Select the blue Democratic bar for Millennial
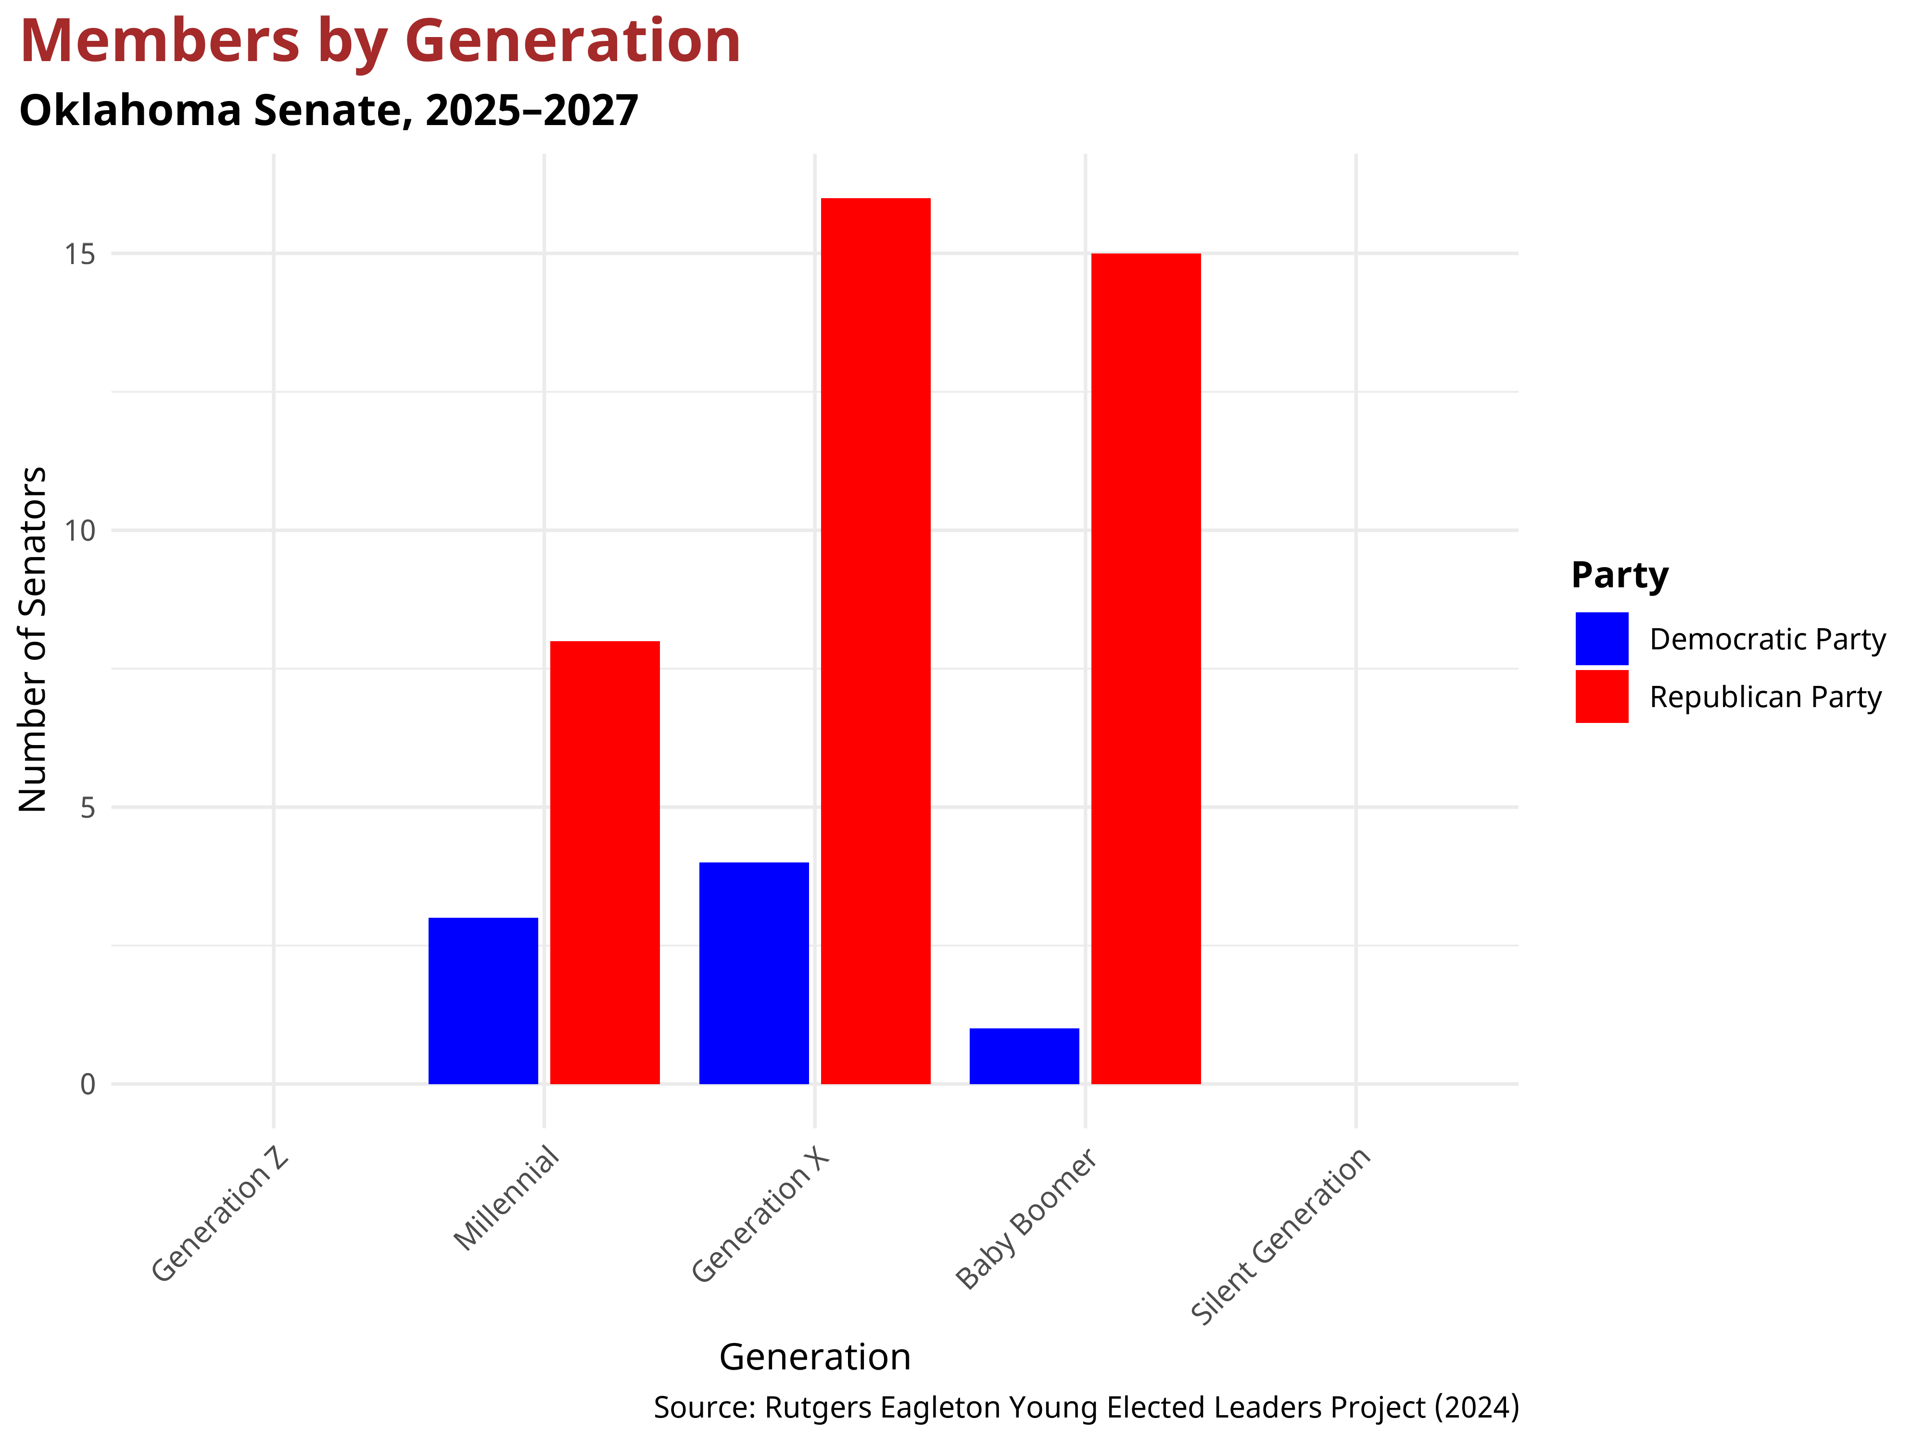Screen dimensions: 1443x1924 click(x=483, y=1000)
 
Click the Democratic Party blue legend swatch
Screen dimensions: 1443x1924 click(x=1601, y=638)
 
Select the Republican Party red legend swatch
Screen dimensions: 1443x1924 click(x=1601, y=696)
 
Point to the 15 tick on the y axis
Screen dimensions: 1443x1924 click(x=80, y=254)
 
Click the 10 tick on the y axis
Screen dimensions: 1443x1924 click(x=80, y=531)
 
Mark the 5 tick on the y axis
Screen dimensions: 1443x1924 click(x=87, y=807)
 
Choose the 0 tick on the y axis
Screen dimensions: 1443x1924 click(x=87, y=1084)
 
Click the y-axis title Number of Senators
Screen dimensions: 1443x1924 click(x=33, y=639)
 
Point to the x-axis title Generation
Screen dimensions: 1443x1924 click(x=814, y=1357)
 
